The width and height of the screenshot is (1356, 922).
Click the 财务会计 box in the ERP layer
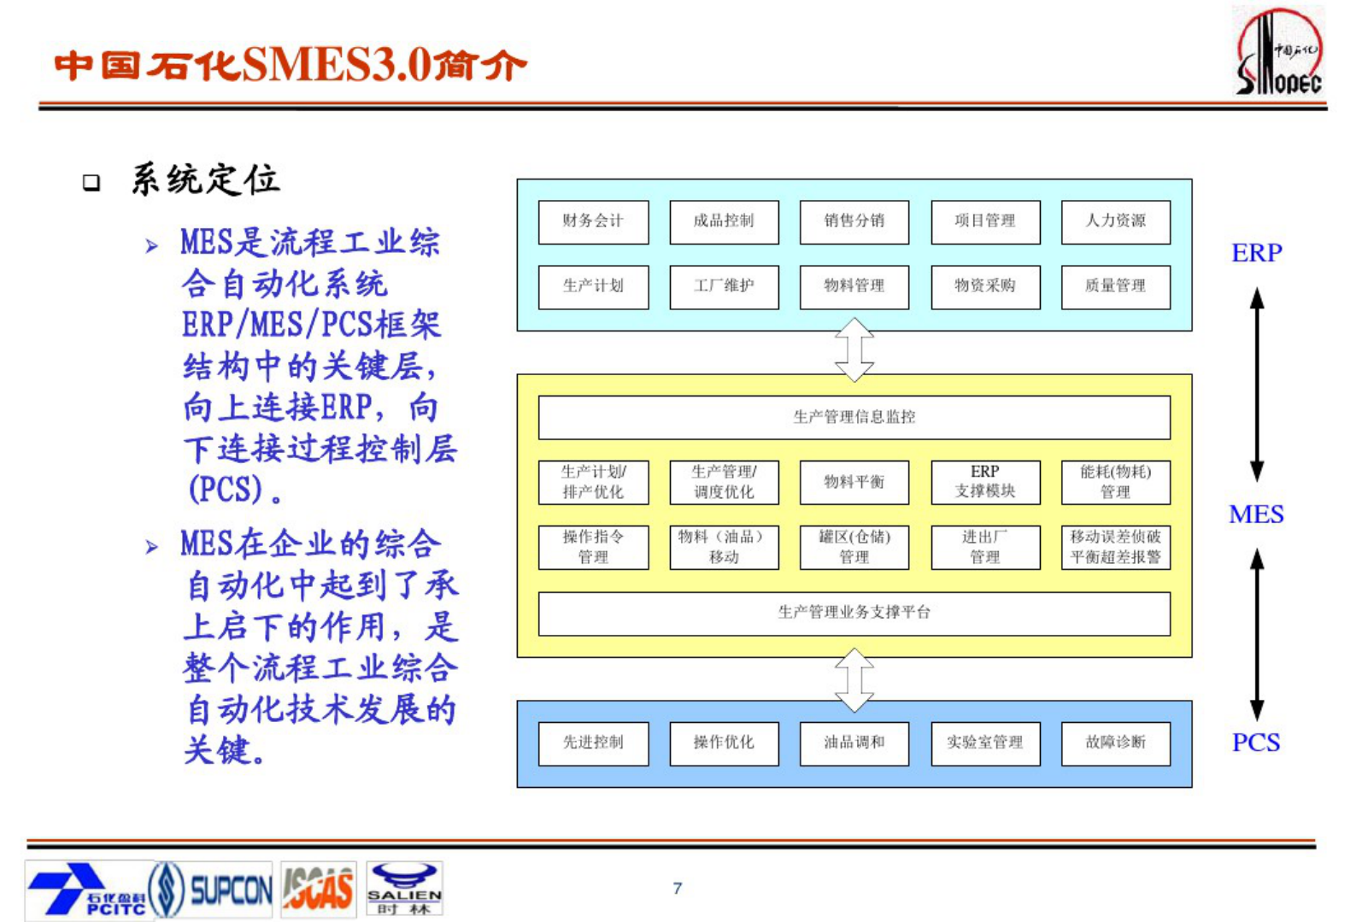(x=593, y=221)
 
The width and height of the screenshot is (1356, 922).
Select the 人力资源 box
(x=1115, y=221)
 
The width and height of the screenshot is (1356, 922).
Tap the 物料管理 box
(x=854, y=286)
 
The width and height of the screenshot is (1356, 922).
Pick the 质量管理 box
(x=1115, y=286)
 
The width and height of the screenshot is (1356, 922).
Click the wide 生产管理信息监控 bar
(x=854, y=417)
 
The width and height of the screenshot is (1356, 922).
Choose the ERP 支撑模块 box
(x=985, y=482)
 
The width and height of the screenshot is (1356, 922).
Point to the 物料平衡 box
(x=854, y=482)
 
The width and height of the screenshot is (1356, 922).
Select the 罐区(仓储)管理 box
(x=854, y=547)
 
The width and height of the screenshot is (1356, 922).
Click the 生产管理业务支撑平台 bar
(x=854, y=613)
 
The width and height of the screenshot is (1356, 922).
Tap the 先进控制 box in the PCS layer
(x=593, y=743)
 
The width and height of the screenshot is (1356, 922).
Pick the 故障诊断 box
(x=1115, y=743)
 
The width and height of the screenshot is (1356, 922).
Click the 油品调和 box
(x=854, y=743)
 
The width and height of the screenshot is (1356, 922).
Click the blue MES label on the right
(x=1256, y=514)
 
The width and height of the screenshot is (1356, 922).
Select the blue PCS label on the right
(x=1256, y=743)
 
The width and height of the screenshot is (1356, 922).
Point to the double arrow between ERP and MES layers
(x=854, y=349)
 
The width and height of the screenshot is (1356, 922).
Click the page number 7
(x=678, y=889)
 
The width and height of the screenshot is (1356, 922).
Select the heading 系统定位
(x=205, y=180)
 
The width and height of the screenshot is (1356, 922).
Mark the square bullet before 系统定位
(x=91, y=182)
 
